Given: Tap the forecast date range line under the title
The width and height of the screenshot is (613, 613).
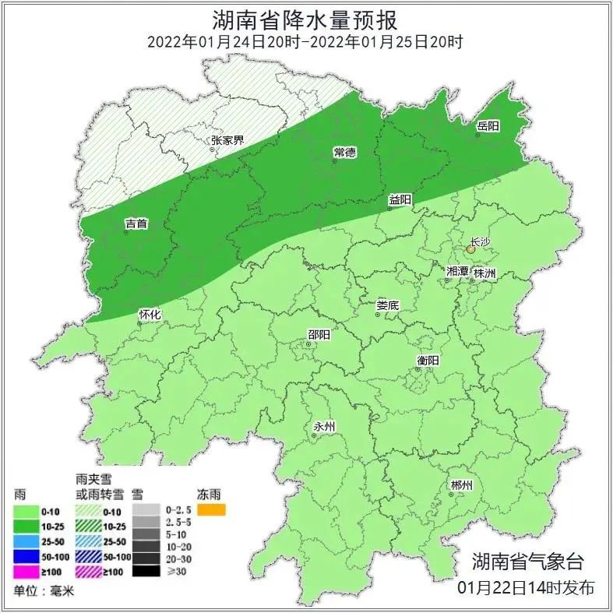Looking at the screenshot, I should pos(306,41).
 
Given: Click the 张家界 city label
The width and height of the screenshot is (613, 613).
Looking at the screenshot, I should pos(227,141).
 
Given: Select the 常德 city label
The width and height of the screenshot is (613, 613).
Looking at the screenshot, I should pos(344,150).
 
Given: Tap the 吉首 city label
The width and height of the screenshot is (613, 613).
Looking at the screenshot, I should pos(136,224).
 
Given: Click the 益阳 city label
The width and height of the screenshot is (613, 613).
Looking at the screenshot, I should pos(400,199).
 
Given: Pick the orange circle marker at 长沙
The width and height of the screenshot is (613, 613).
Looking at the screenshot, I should pos(470,250).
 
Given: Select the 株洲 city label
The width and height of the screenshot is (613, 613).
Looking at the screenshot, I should pos(484,273).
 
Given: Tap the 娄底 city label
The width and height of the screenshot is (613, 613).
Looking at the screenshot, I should pos(387,305).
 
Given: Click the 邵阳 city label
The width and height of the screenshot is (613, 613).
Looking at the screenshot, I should pos(319,334).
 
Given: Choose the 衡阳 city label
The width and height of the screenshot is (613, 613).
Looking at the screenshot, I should pos(428,360).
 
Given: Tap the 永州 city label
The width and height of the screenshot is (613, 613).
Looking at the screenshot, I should pos(323,426).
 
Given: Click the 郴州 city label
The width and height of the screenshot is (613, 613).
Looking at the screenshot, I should pos(461,485).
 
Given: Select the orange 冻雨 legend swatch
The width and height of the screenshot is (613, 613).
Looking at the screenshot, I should pos(211,510).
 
